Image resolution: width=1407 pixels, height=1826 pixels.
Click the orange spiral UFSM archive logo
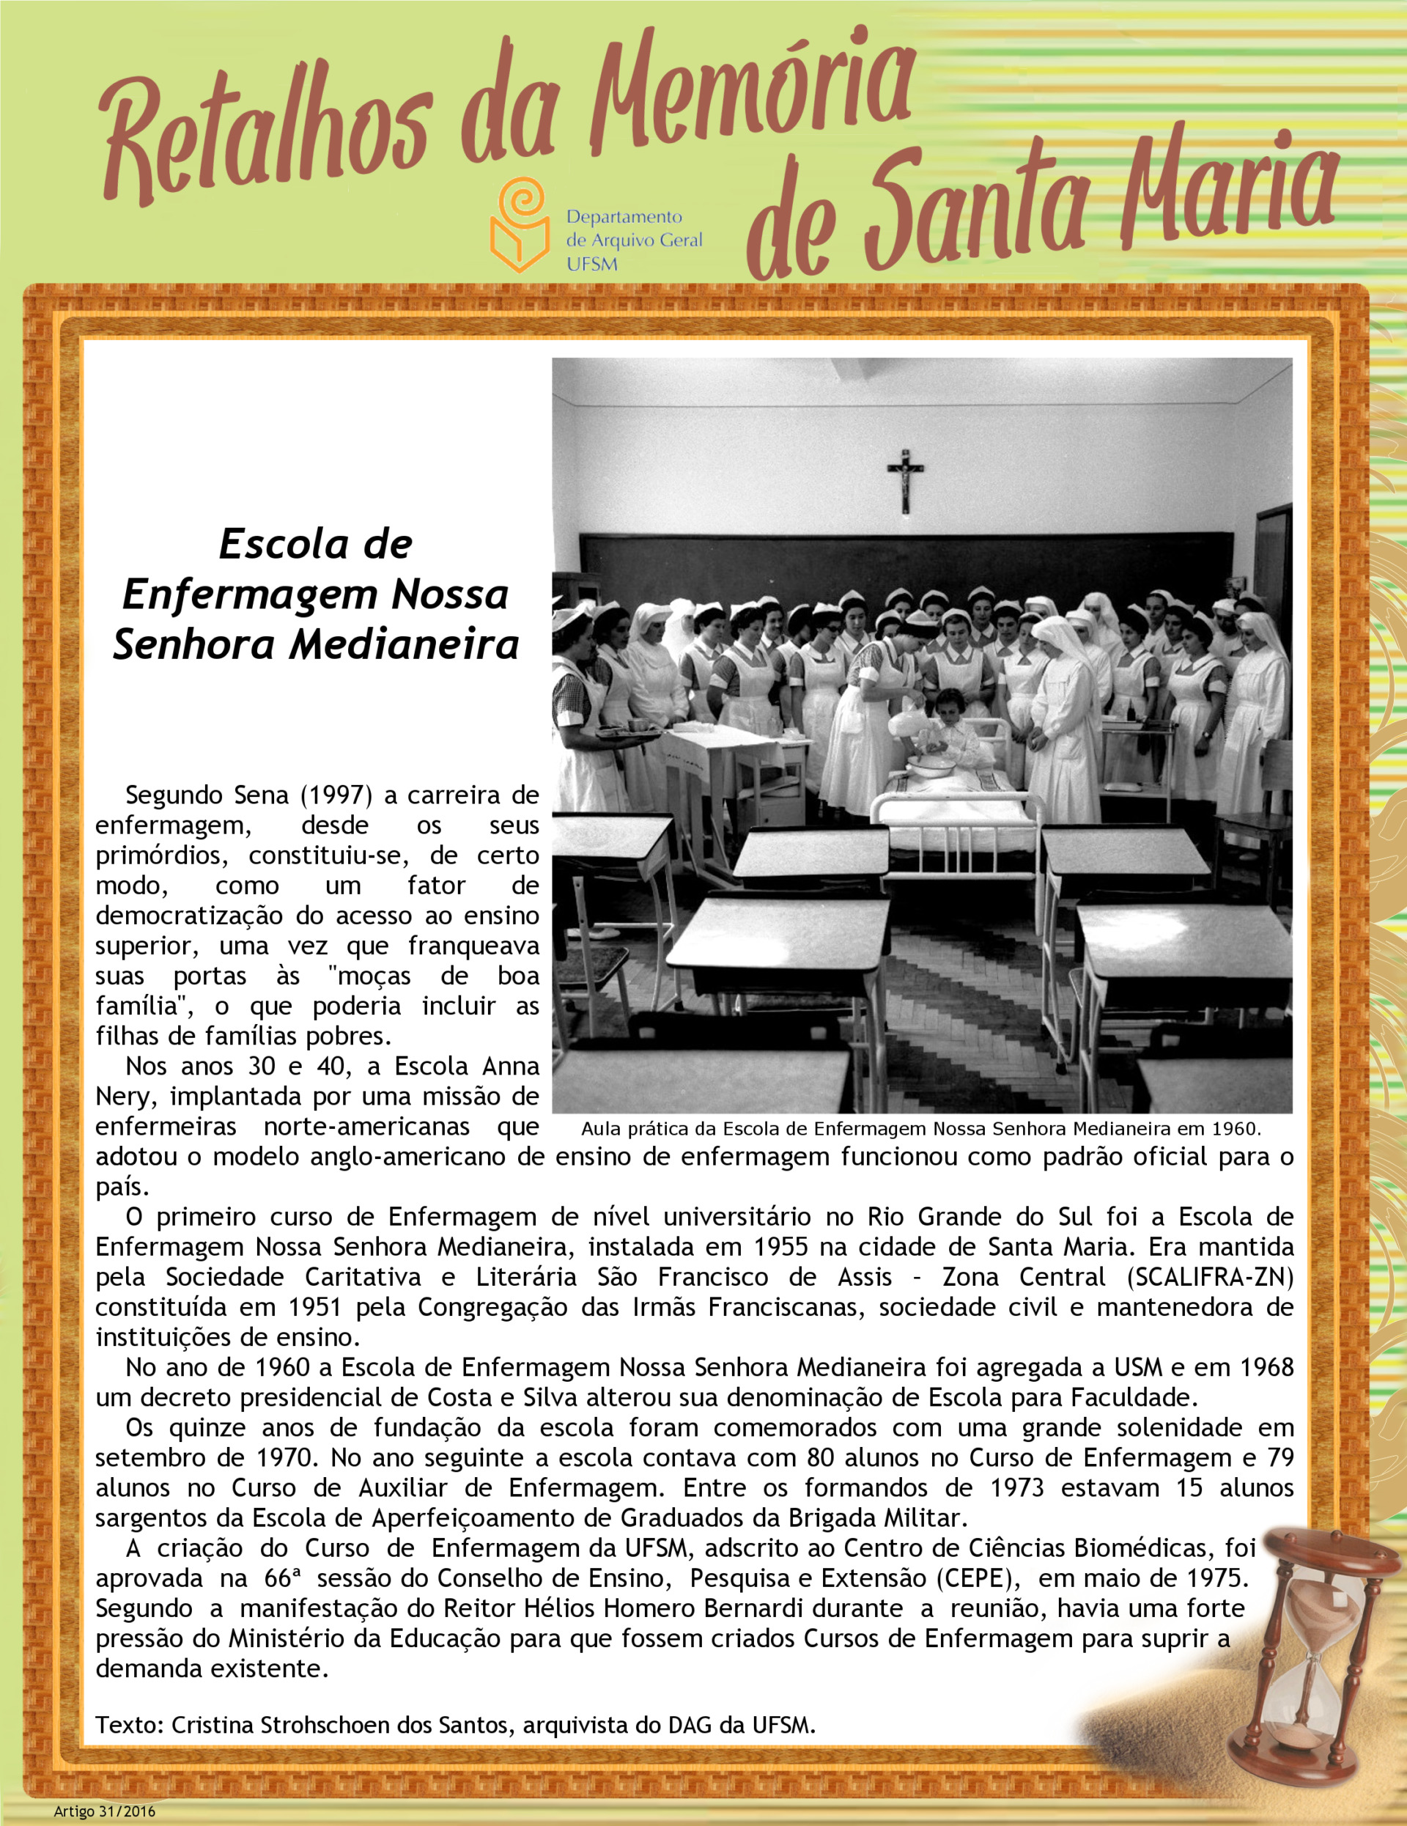(519, 226)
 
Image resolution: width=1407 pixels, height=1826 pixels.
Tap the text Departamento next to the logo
(624, 218)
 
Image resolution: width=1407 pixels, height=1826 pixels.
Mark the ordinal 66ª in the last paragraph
(278, 1578)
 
